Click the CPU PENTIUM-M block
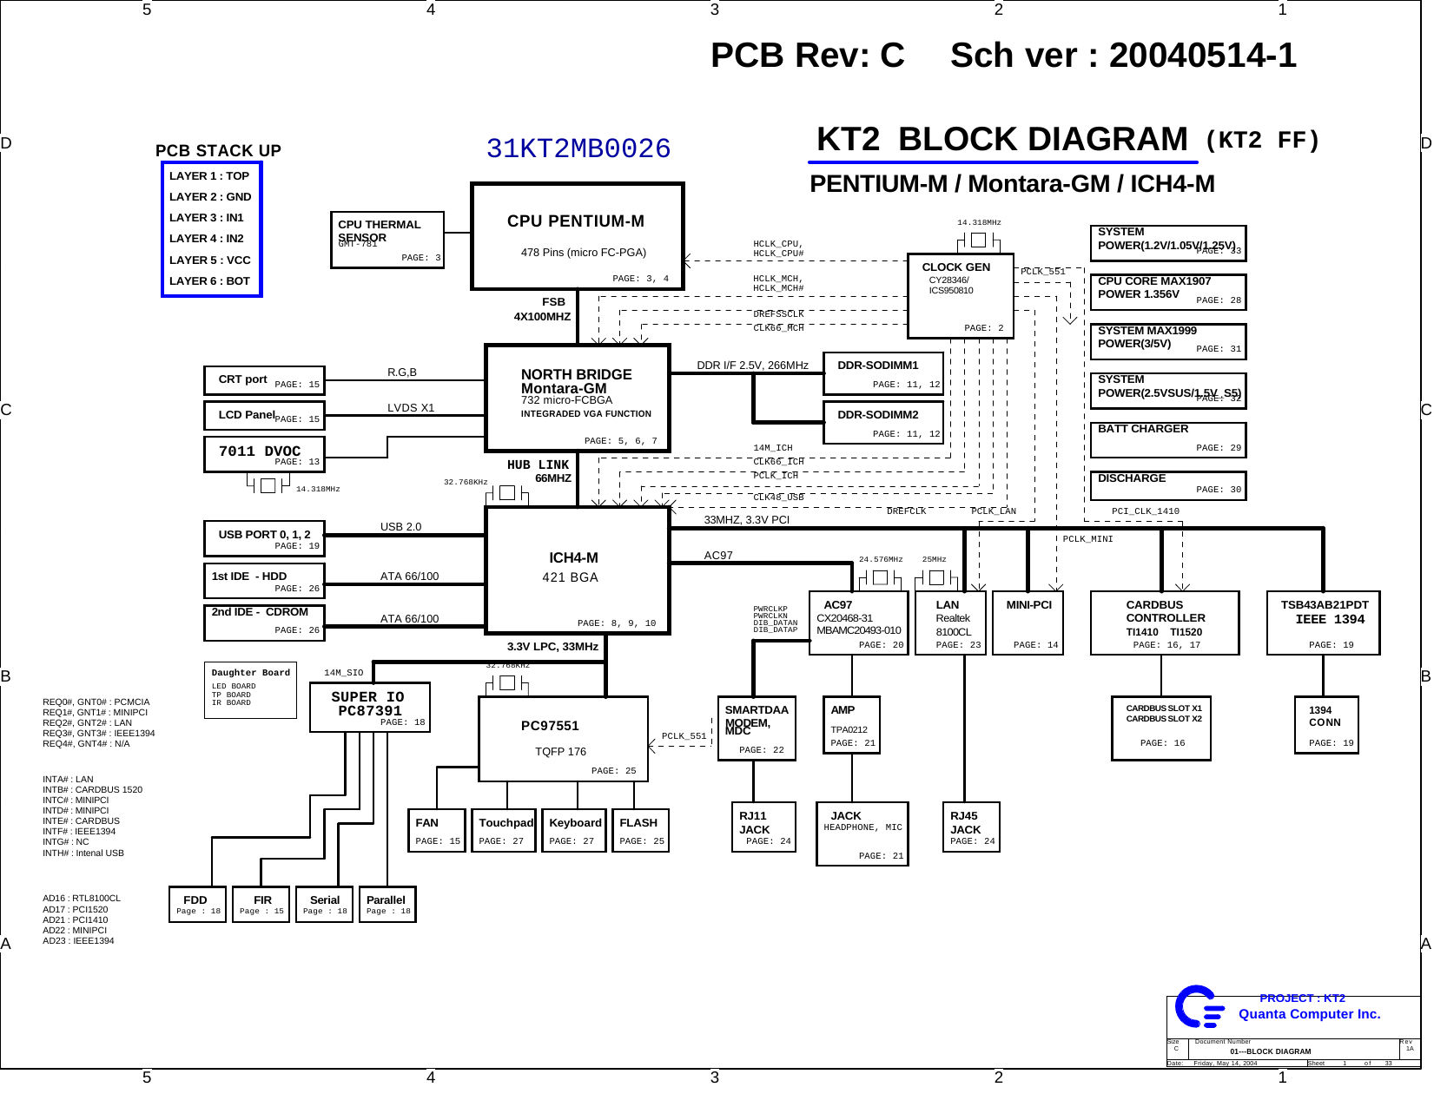[x=577, y=236]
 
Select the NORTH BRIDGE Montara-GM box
[x=577, y=398]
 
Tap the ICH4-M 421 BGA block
[x=577, y=570]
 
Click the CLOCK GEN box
[x=960, y=295]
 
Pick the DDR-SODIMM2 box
[x=882, y=423]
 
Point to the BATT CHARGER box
[x=1167, y=439]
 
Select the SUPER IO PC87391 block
[x=369, y=707]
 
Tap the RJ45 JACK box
[x=970, y=827]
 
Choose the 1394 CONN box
[x=1325, y=724]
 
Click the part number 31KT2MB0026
[x=578, y=149]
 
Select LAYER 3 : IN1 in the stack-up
[x=207, y=218]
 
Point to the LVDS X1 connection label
[x=411, y=408]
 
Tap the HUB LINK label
[x=538, y=465]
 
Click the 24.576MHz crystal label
[x=880, y=560]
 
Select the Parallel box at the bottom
[x=387, y=904]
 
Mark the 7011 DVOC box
[x=264, y=454]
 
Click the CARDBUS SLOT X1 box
[x=1160, y=728]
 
